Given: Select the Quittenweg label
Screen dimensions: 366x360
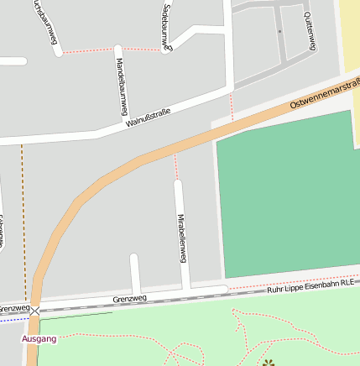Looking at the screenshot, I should [309, 32].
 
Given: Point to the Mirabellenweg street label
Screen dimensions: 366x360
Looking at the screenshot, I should [180, 238].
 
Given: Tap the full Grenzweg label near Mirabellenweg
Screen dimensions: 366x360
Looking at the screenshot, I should [129, 299].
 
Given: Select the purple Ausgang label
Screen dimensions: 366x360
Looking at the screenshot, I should [39, 338].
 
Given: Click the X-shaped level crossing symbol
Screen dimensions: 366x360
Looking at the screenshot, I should [34, 311].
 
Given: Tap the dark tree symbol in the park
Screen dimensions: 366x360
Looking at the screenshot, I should [268, 363].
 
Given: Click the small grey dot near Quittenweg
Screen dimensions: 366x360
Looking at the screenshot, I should [279, 32].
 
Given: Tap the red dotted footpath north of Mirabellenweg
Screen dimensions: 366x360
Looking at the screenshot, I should [176, 166].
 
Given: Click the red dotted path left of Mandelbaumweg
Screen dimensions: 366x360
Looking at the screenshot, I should [88, 51].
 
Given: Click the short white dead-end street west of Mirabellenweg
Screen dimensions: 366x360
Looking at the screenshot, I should [134, 273].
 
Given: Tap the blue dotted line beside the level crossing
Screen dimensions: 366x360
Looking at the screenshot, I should [13, 319].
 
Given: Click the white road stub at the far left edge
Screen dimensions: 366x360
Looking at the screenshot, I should [12, 61].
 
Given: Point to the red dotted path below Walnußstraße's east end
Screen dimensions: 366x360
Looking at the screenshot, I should [232, 105].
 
